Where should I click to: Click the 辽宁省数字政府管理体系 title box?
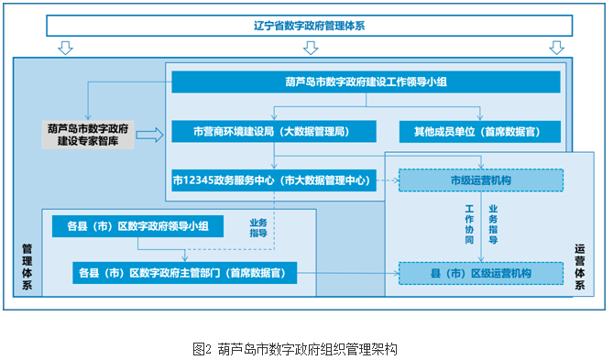click(x=309, y=26)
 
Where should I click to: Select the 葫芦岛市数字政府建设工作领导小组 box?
click(x=366, y=82)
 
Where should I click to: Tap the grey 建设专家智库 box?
click(x=88, y=135)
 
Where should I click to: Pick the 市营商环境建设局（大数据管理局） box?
click(x=274, y=131)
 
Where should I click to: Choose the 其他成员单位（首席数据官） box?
click(x=480, y=131)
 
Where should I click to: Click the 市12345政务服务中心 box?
click(x=274, y=180)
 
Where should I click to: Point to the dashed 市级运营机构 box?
click(x=481, y=180)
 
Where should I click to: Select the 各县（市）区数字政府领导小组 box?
click(x=137, y=226)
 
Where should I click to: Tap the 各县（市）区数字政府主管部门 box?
click(x=184, y=273)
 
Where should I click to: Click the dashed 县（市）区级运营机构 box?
click(x=481, y=273)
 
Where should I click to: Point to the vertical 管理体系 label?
click(x=27, y=267)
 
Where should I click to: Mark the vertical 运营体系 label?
click(x=580, y=267)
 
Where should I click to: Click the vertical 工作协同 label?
click(x=469, y=224)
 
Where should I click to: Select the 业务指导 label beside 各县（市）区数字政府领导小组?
click(x=258, y=228)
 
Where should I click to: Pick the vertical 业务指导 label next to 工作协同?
click(x=493, y=224)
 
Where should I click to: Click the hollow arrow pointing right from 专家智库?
click(x=149, y=136)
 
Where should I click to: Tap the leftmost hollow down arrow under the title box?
click(x=65, y=48)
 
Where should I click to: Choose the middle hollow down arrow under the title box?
click(x=311, y=48)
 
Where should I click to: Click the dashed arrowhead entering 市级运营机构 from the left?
click(x=396, y=180)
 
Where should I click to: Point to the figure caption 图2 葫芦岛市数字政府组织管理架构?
click(x=295, y=349)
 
